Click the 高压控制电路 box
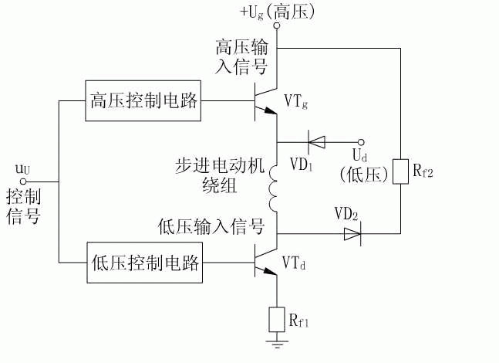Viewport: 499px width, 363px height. click(144, 100)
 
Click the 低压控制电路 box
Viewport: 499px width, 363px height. click(144, 264)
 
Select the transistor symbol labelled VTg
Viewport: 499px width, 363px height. click(264, 101)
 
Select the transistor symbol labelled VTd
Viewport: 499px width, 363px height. click(264, 264)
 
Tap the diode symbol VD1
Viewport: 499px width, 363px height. click(316, 141)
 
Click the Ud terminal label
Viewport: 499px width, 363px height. click(360, 155)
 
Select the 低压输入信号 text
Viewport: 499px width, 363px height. click(211, 226)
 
